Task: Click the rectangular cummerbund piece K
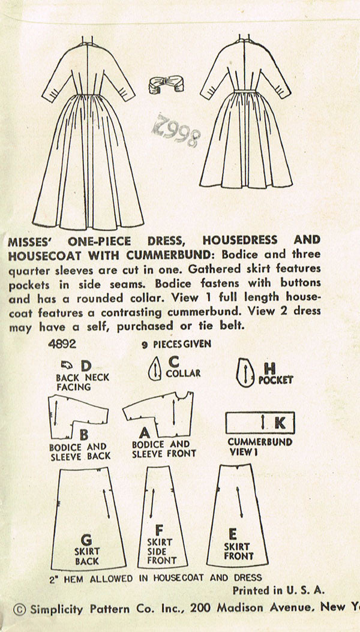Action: [259, 423]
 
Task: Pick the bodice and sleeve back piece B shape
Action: [75, 417]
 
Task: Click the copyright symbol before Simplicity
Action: [19, 609]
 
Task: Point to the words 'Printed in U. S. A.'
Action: [278, 590]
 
